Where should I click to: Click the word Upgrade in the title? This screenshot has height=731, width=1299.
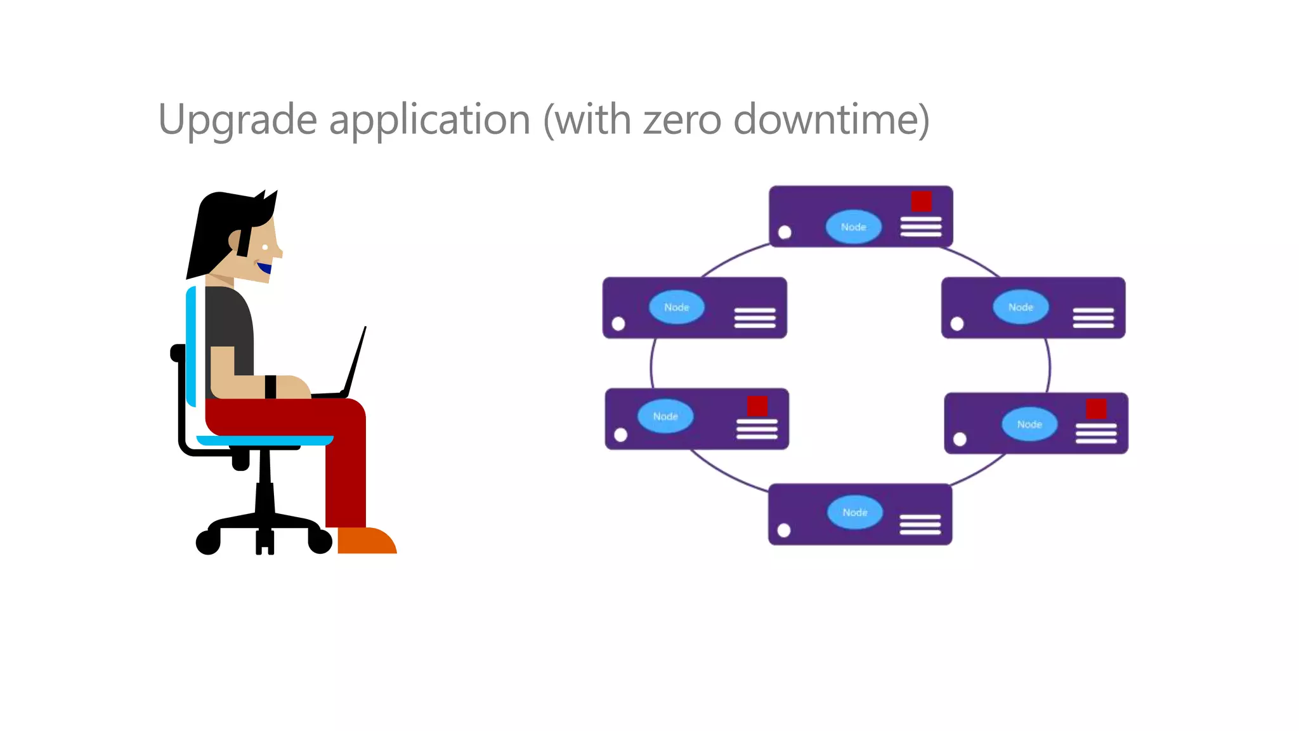[237, 120]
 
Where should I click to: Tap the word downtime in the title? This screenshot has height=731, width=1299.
[831, 120]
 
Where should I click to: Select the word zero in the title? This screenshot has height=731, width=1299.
[682, 120]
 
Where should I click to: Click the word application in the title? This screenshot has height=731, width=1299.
[429, 120]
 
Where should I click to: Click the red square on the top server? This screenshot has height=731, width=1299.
[921, 202]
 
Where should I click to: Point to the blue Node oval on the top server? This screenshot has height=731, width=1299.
[853, 227]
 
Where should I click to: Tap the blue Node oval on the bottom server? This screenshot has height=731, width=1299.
[854, 512]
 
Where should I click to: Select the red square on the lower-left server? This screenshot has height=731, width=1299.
[757, 406]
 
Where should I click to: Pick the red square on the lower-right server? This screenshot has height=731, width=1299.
[1096, 409]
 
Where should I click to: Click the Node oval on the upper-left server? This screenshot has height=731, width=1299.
[676, 307]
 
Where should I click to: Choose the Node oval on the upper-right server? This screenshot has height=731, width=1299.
[1020, 307]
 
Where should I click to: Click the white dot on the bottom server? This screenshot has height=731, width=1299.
[784, 530]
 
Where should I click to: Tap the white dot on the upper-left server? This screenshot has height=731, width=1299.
[618, 324]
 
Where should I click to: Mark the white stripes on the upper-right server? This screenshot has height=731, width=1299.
[1093, 317]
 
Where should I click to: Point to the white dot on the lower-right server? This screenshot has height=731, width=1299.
[960, 439]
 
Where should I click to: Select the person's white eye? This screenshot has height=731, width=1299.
[265, 247]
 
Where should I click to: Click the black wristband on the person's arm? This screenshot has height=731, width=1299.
[270, 386]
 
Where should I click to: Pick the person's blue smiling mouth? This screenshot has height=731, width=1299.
[264, 268]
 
